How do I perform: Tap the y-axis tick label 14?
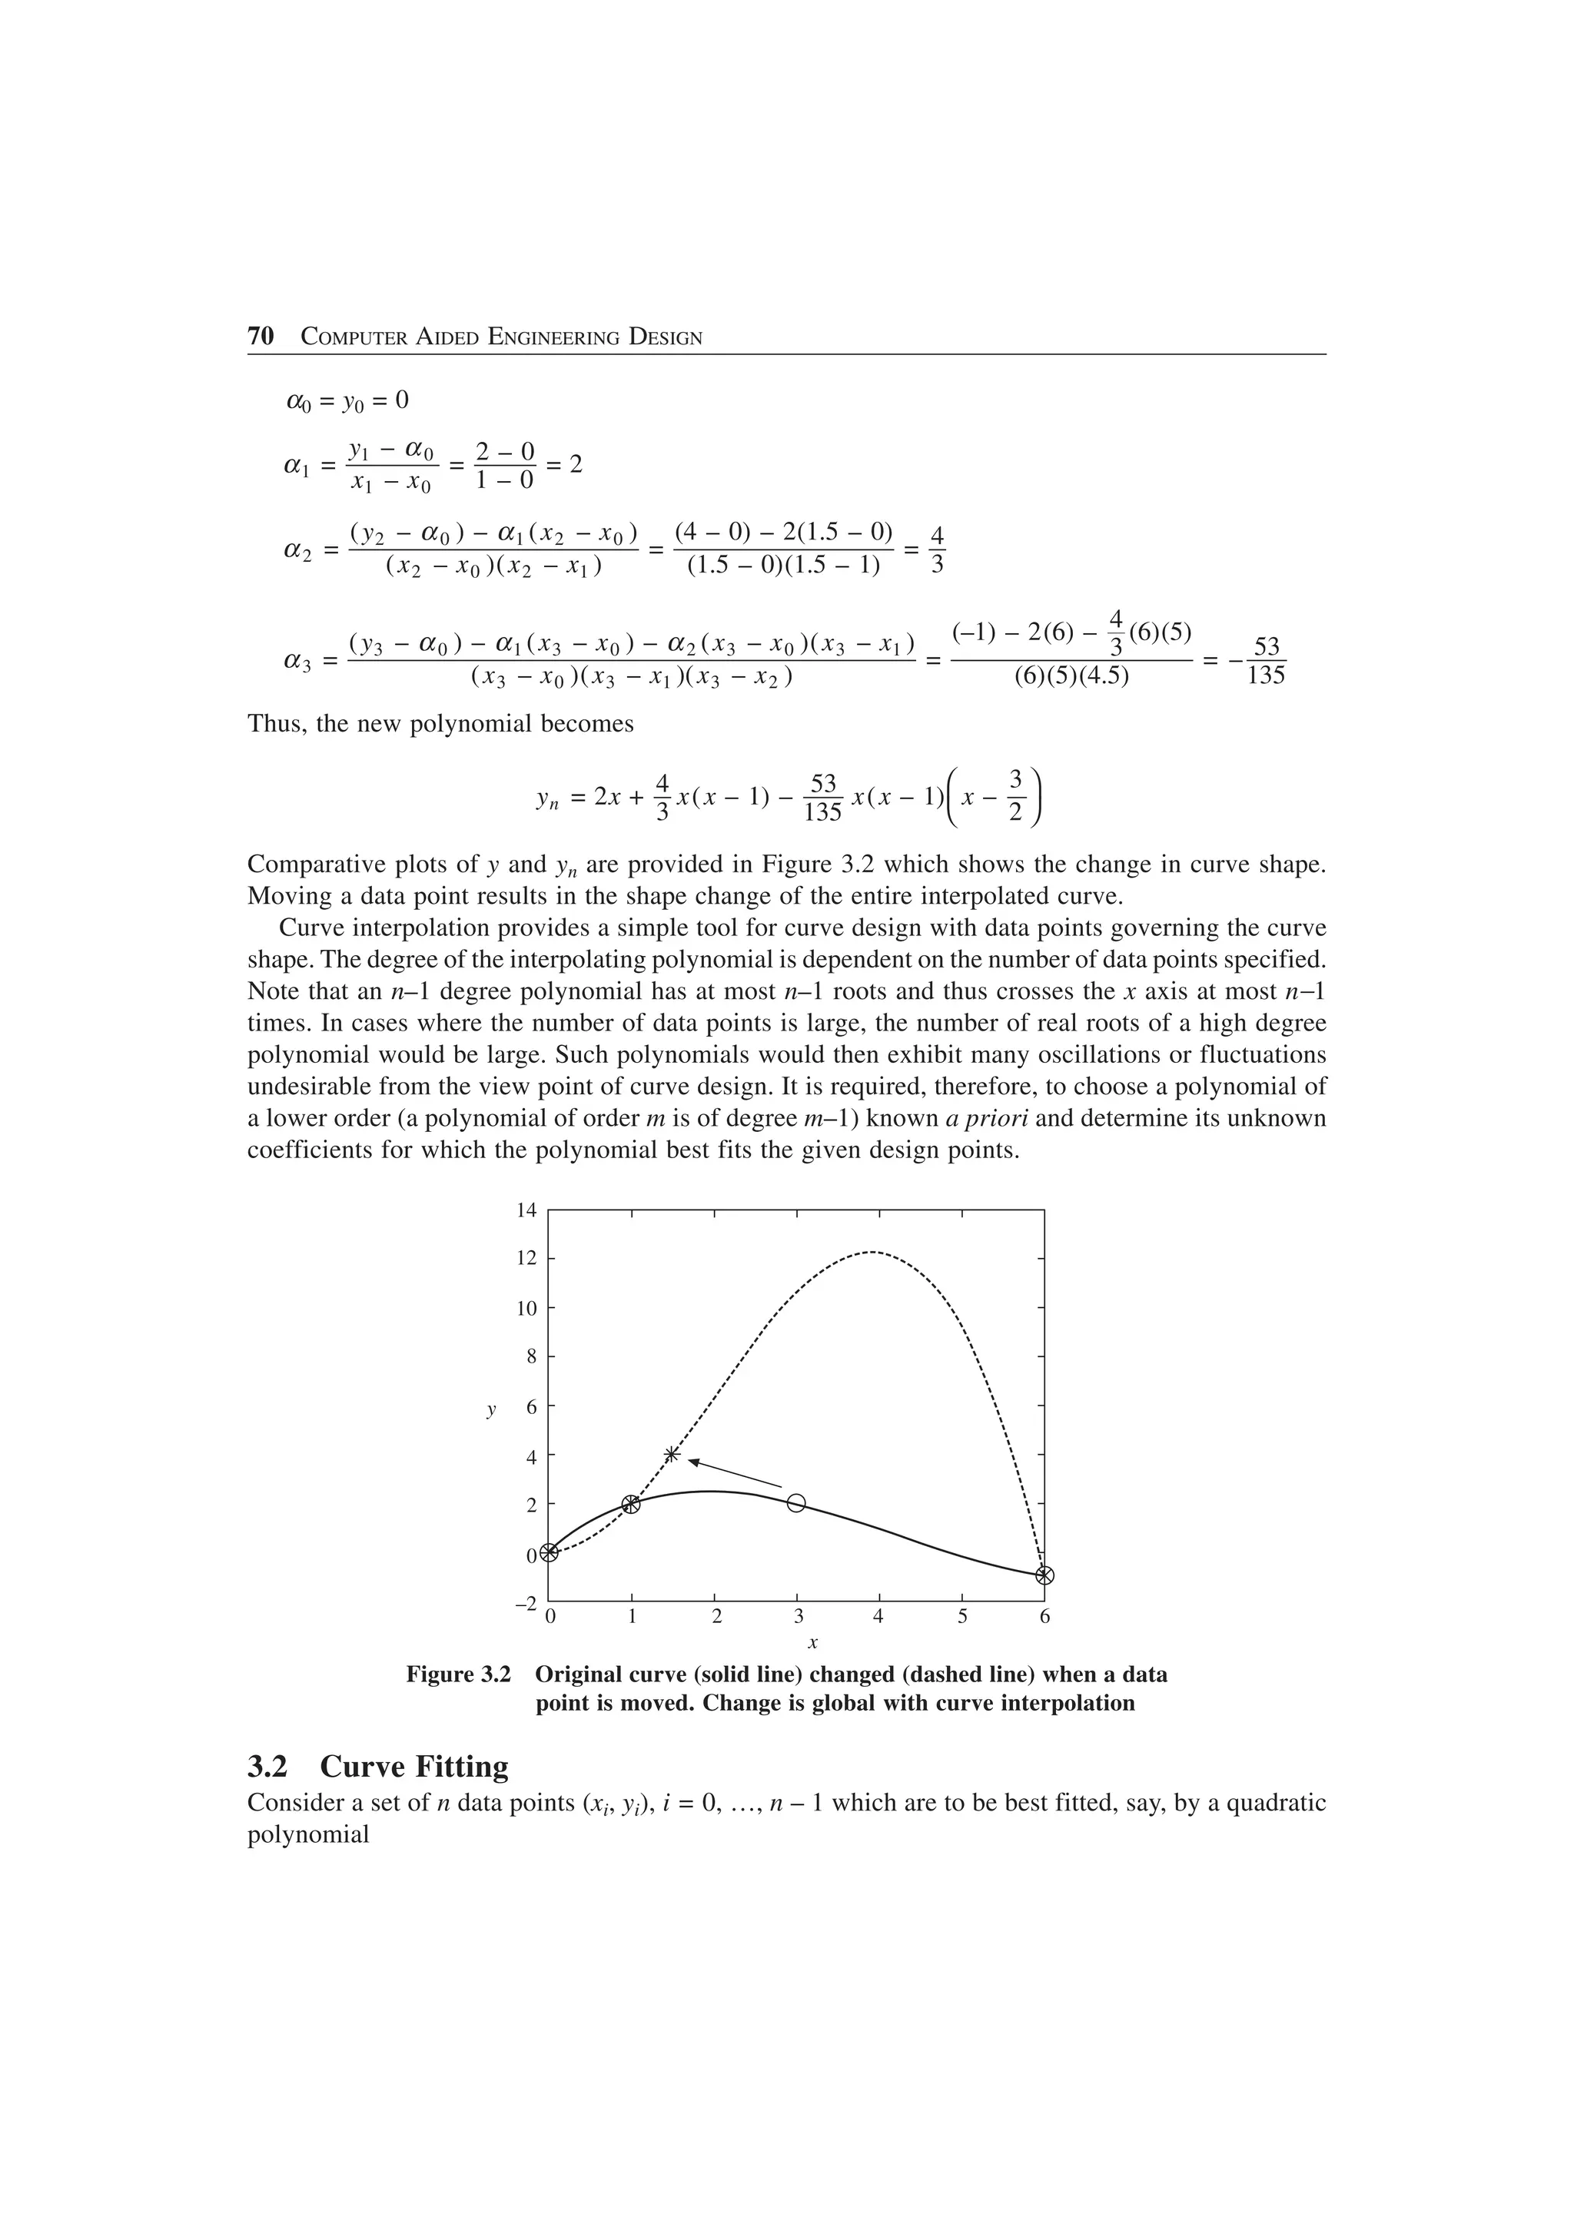click(x=526, y=1210)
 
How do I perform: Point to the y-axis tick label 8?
click(x=530, y=1357)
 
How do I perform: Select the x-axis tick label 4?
click(x=878, y=1617)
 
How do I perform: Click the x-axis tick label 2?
click(x=716, y=1617)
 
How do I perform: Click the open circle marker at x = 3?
click(x=796, y=1502)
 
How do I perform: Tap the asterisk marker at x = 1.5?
click(x=672, y=1454)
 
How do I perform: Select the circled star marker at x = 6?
click(x=1044, y=1575)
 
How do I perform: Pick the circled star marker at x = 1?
click(x=631, y=1503)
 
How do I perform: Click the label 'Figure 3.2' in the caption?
click(x=458, y=1675)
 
